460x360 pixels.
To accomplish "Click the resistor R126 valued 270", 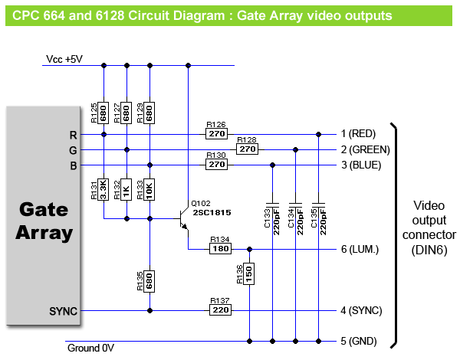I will click(x=216, y=134).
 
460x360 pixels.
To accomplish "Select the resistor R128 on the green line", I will click(x=247, y=149).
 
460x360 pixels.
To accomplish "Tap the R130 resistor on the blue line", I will click(x=216, y=165).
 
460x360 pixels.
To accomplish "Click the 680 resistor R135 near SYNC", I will click(x=150, y=281).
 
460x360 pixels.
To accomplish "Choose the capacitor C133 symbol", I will click(x=273, y=207).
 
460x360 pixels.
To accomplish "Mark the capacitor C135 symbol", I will click(x=319, y=207).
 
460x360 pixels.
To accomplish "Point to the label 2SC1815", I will click(x=211, y=211).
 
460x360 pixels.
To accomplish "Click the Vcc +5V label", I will click(x=64, y=59).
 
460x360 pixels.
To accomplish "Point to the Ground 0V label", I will click(x=90, y=349).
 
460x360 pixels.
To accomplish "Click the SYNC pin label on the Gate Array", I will click(x=63, y=311).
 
